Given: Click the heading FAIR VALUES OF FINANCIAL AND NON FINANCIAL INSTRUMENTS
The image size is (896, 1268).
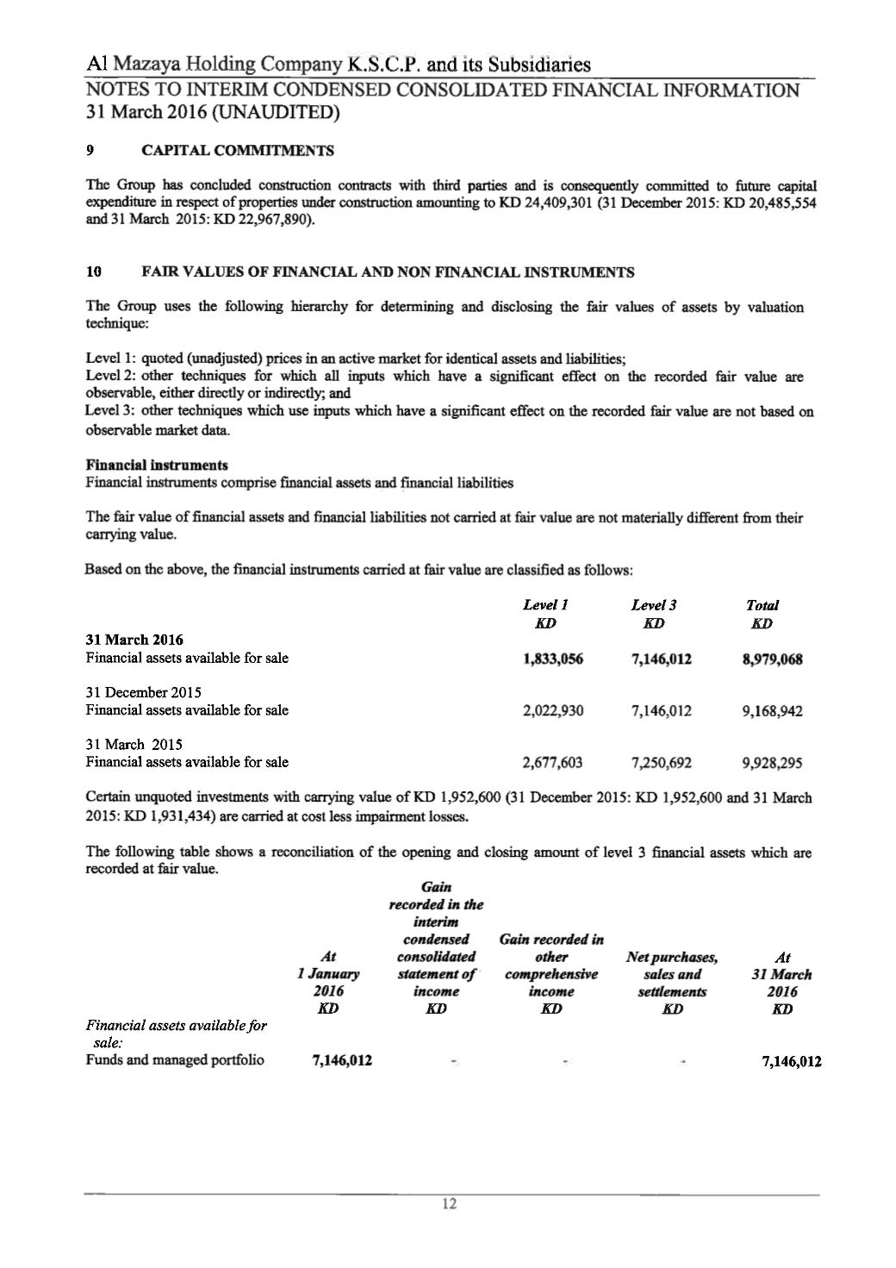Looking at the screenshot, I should click(x=387, y=272).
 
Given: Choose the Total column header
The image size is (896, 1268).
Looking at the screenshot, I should click(x=762, y=606).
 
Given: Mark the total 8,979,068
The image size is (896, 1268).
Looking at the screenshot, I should click(x=772, y=660).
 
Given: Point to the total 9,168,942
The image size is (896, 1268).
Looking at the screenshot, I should click(x=772, y=711).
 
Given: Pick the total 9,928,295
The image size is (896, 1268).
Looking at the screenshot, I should click(x=772, y=763).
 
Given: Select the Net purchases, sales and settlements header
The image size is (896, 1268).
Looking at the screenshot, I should click(x=672, y=974).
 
